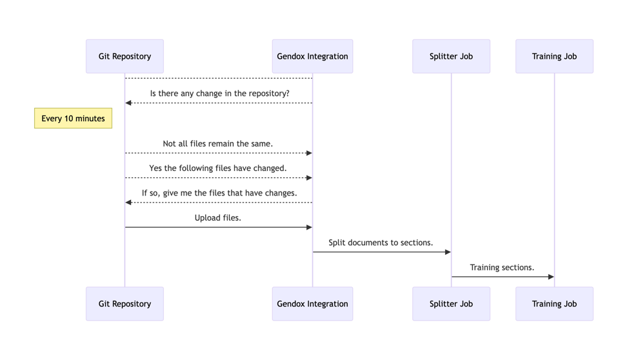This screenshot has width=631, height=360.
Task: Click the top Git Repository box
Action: pos(125,56)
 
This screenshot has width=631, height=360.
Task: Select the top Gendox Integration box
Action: pos(312,56)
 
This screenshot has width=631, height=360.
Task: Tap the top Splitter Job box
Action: pos(451,56)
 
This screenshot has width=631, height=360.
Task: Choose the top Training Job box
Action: pos(554,56)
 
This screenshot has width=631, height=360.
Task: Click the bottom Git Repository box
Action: pos(125,304)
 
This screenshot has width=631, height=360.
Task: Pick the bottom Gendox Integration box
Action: pos(312,304)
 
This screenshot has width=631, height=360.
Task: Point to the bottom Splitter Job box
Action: pos(451,304)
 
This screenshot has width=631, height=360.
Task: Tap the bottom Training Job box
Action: pos(554,304)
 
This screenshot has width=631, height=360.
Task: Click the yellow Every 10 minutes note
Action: pos(73,119)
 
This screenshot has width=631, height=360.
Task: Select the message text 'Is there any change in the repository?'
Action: pos(219,94)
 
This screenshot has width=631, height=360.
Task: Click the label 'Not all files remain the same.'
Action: pos(218,144)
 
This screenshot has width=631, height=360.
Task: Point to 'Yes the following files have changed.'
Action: pos(218,168)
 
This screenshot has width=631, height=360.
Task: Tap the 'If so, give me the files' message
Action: pos(219,193)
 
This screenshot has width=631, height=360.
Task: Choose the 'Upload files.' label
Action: pos(218,218)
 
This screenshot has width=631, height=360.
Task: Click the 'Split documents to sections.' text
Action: pos(381,243)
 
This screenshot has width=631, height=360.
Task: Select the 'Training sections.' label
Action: pos(502,267)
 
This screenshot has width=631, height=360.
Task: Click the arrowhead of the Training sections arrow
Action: pos(550,277)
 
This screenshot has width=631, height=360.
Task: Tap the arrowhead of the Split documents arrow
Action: pos(448,252)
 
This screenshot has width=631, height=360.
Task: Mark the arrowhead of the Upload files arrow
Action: pos(309,227)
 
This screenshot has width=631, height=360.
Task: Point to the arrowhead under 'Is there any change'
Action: pos(129,103)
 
